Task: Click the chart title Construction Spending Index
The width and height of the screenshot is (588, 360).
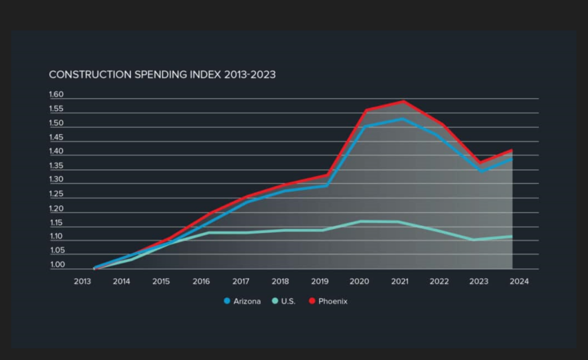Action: pos(162,75)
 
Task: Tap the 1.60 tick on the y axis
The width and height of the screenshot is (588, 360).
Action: pos(57,95)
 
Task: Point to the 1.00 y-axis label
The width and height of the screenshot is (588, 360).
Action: pos(57,266)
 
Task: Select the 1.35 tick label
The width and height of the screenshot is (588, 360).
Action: pos(57,166)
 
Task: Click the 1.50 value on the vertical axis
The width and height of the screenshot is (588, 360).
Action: pos(57,123)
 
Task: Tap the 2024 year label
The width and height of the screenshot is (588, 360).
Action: pos(518,282)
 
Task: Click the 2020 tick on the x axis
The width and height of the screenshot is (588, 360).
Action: pos(359,282)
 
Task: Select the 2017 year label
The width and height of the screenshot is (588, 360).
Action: pos(240,282)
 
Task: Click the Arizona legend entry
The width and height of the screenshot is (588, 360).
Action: pos(243,301)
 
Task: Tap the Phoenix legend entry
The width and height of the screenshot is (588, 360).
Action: pos(328,301)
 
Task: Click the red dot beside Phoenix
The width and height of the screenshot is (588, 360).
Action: pos(312,301)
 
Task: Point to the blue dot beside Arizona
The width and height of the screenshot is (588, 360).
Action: pos(227,301)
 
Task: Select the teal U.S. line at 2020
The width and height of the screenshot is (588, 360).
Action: pos(359,221)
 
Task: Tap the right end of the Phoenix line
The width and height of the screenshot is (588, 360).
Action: pos(511,150)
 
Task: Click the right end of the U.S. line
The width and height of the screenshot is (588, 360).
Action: pos(511,236)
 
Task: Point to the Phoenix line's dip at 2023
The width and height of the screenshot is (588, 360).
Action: pos(480,163)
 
